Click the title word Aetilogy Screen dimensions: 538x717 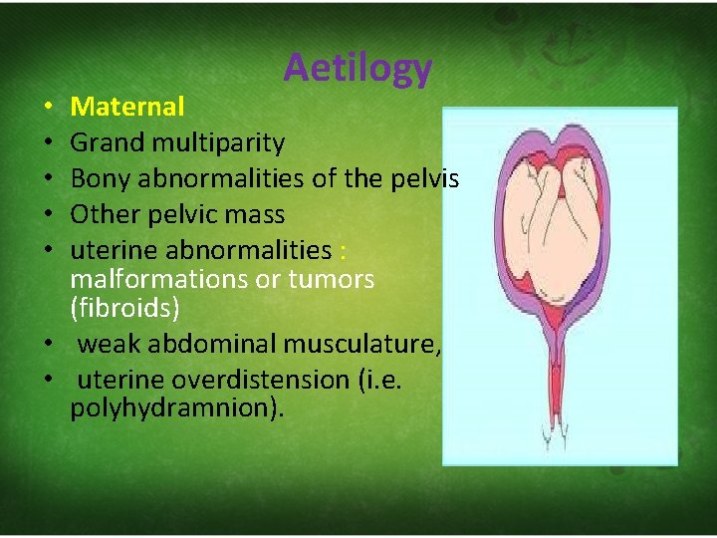(x=358, y=68)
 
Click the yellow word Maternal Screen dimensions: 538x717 (x=127, y=106)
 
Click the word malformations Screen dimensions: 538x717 (x=159, y=279)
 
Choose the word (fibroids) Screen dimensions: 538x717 (x=125, y=309)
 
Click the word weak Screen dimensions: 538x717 (x=109, y=345)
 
